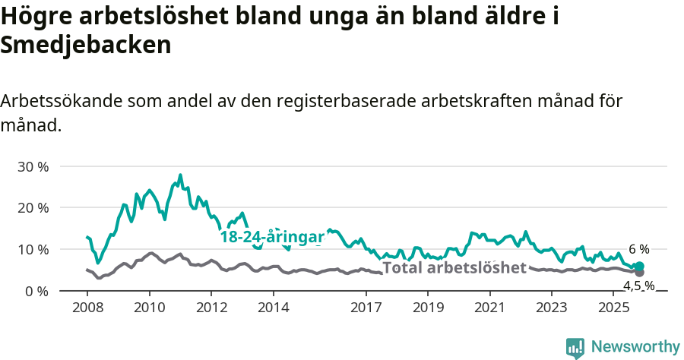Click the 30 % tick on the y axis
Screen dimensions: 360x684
[33, 166]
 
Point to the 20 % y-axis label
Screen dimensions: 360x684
[33, 208]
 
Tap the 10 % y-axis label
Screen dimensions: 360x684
[33, 250]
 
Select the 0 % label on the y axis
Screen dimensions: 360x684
[36, 292]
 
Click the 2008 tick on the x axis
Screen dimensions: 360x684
[87, 308]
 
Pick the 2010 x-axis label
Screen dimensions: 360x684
[149, 308]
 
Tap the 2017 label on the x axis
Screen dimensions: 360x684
[366, 308]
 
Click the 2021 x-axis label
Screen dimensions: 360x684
[490, 308]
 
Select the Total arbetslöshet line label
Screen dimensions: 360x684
[454, 267]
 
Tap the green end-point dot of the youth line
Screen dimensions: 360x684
[639, 266]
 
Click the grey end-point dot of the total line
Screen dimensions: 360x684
[639, 272]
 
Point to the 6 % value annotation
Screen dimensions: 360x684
[639, 249]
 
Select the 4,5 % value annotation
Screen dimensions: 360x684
[639, 286]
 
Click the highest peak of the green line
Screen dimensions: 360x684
[180, 175]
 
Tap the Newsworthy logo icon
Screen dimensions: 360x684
[575, 347]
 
